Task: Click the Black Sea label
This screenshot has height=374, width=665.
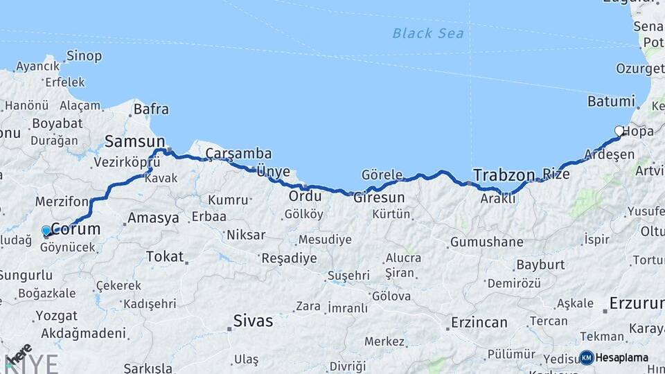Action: point(427,33)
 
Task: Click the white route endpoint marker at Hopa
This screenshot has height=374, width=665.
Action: point(619,130)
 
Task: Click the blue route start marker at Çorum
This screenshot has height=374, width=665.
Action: point(46,231)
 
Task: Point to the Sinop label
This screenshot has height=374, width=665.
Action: point(84,56)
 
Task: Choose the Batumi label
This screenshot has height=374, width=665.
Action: point(610,101)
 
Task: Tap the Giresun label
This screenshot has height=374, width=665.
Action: point(379,197)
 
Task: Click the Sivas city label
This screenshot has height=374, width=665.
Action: point(253,321)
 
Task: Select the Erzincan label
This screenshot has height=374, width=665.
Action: point(479,322)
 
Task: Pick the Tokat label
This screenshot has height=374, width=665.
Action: point(165,256)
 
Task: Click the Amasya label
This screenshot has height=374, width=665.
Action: point(152,218)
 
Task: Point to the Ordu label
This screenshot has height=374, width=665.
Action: point(305,196)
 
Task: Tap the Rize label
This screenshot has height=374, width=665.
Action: point(556,174)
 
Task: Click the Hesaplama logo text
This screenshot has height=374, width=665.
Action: point(622,358)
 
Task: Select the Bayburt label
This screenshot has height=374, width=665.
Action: point(540,265)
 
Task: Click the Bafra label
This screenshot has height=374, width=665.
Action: point(151,109)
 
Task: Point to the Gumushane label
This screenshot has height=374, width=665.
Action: point(486,242)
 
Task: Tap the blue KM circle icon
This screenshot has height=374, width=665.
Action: point(587,357)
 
